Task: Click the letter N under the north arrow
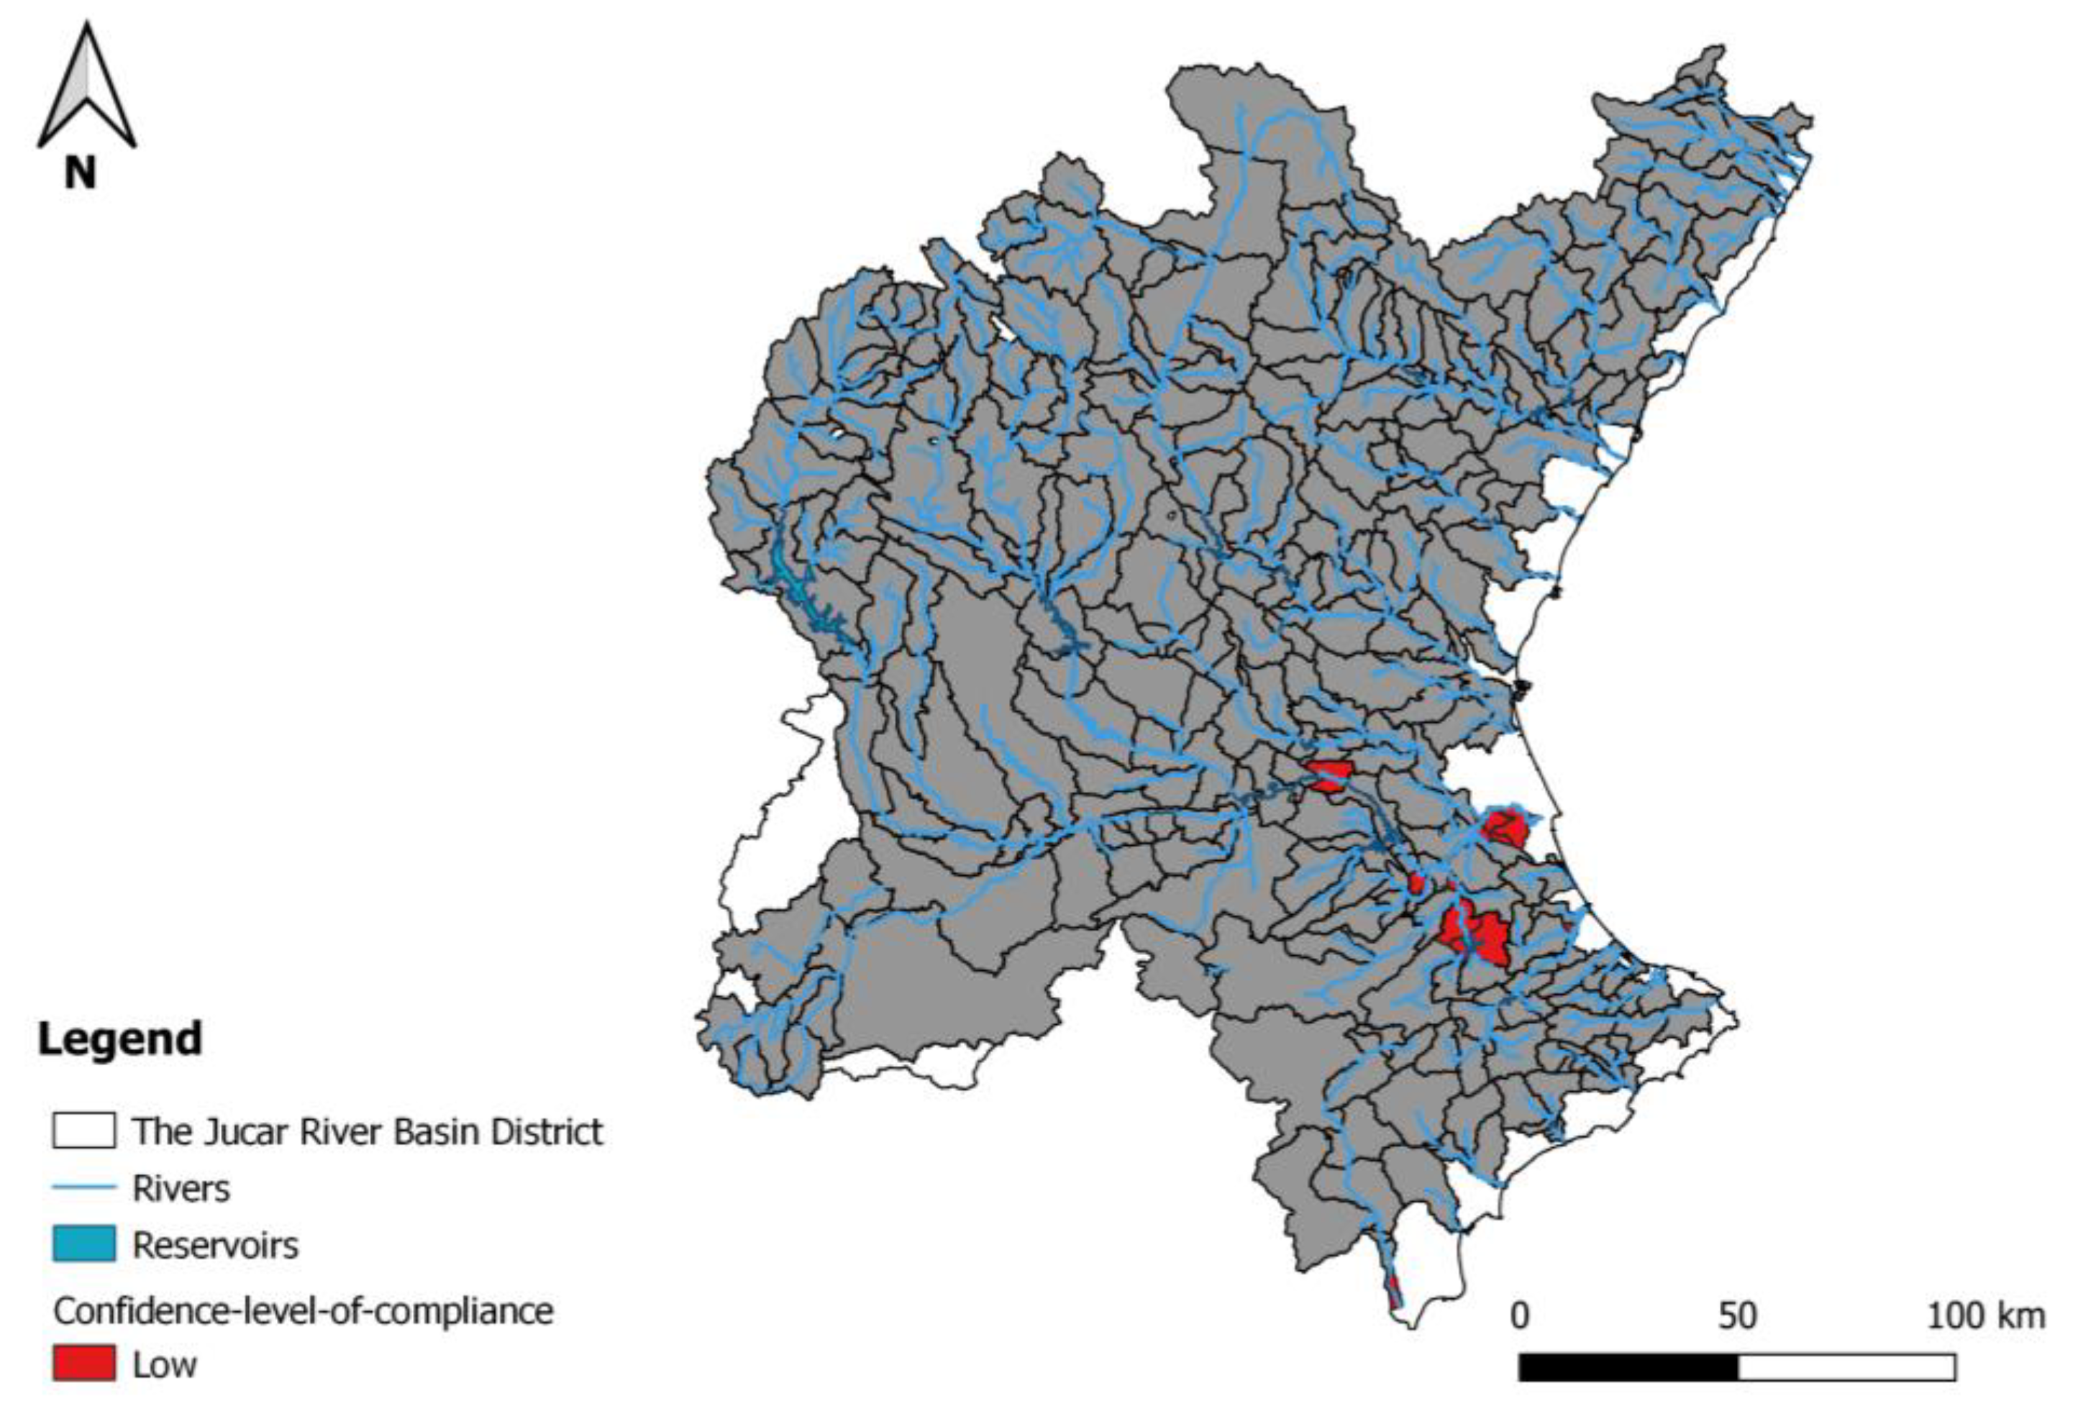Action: (x=80, y=172)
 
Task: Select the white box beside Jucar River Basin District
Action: (x=83, y=1130)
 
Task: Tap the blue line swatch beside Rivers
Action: (x=83, y=1188)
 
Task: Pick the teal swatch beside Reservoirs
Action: (x=83, y=1244)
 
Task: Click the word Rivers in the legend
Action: (x=181, y=1188)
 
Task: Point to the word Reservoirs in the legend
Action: (x=216, y=1245)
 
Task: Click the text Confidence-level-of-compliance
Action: (x=303, y=1312)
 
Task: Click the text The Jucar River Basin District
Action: (x=368, y=1132)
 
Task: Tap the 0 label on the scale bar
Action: (x=1519, y=1315)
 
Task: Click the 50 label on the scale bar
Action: (x=1736, y=1315)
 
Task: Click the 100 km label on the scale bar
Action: (x=1985, y=1315)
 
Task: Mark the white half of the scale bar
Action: (x=1846, y=1367)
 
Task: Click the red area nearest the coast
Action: (x=1505, y=827)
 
